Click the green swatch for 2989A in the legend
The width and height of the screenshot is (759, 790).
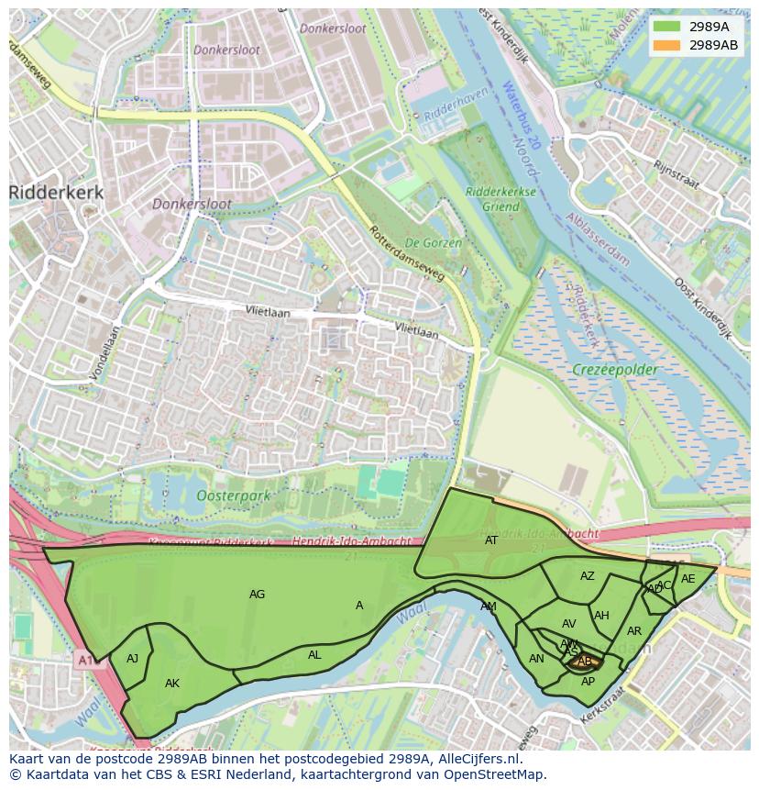tap(667, 27)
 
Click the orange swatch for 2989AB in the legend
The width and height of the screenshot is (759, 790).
tap(667, 45)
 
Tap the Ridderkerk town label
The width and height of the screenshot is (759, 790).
tap(56, 193)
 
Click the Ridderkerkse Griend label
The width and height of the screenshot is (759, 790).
tap(500, 199)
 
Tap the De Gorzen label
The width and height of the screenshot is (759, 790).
tap(434, 243)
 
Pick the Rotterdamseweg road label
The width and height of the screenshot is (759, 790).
tap(407, 253)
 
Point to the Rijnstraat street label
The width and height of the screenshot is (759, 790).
tap(676, 174)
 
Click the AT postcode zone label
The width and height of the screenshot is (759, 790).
tap(491, 540)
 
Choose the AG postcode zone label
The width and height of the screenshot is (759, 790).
tap(257, 595)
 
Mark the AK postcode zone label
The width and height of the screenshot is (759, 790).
tap(172, 684)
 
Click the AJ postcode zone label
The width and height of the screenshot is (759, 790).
tap(132, 659)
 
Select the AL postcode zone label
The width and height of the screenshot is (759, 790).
tap(314, 655)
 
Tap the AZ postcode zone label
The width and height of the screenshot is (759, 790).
tap(588, 576)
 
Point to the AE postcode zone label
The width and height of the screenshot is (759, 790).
tap(687, 579)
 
